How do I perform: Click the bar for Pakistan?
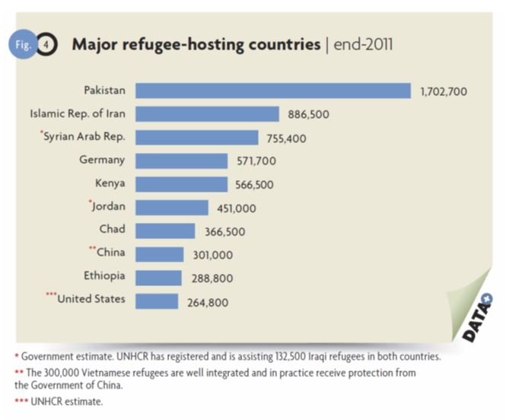pos(272,91)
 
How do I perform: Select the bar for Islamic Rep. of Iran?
pos(207,115)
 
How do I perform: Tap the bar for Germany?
pos(181,161)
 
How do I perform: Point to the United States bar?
pos(157,301)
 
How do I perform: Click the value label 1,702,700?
pos(444,92)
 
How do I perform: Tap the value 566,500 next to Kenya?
pos(254,185)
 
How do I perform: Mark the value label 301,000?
pos(211,255)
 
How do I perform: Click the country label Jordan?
pos(107,206)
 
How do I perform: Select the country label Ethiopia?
pos(105,275)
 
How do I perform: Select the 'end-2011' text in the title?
pos(364,43)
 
